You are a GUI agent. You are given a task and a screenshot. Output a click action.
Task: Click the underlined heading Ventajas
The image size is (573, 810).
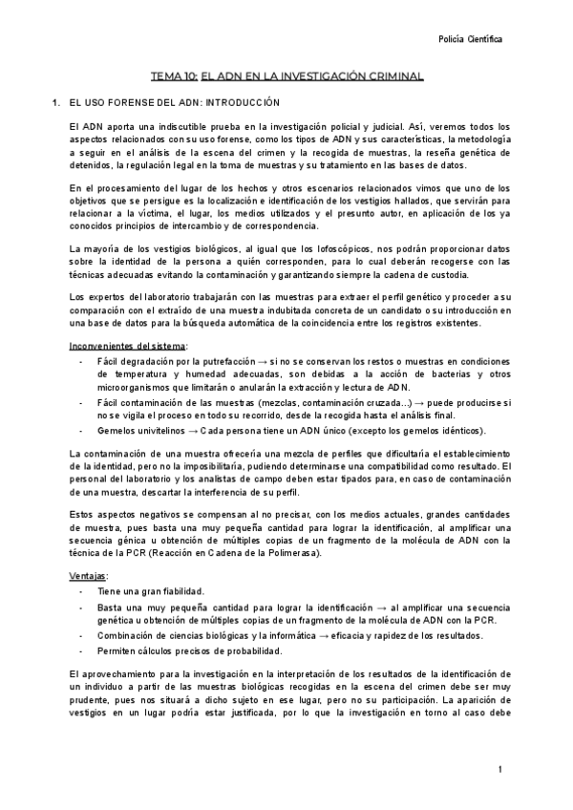pyautogui.click(x=89, y=577)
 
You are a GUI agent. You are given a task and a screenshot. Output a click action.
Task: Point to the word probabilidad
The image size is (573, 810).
pyautogui.click(x=250, y=651)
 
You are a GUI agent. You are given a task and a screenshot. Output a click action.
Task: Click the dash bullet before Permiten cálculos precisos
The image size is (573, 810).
pyautogui.click(x=82, y=651)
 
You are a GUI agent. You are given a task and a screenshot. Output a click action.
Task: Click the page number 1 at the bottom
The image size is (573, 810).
pyautogui.click(x=499, y=770)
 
